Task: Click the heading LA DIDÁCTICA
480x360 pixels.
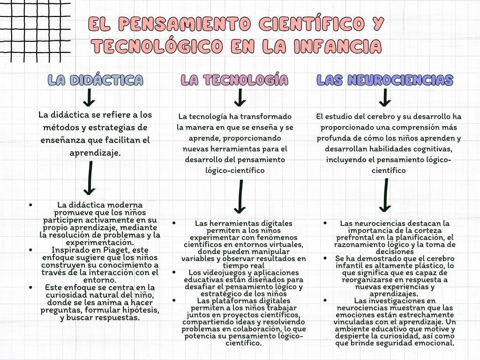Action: click(x=96, y=80)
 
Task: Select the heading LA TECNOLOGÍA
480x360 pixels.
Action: click(x=234, y=80)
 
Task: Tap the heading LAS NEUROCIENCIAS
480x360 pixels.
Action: click(x=385, y=80)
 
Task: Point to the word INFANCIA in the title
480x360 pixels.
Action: click(x=337, y=46)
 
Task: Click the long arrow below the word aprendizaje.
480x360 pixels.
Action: click(x=89, y=178)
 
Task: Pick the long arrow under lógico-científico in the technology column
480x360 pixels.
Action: click(x=240, y=197)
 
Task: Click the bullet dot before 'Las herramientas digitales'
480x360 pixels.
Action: click(x=174, y=223)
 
